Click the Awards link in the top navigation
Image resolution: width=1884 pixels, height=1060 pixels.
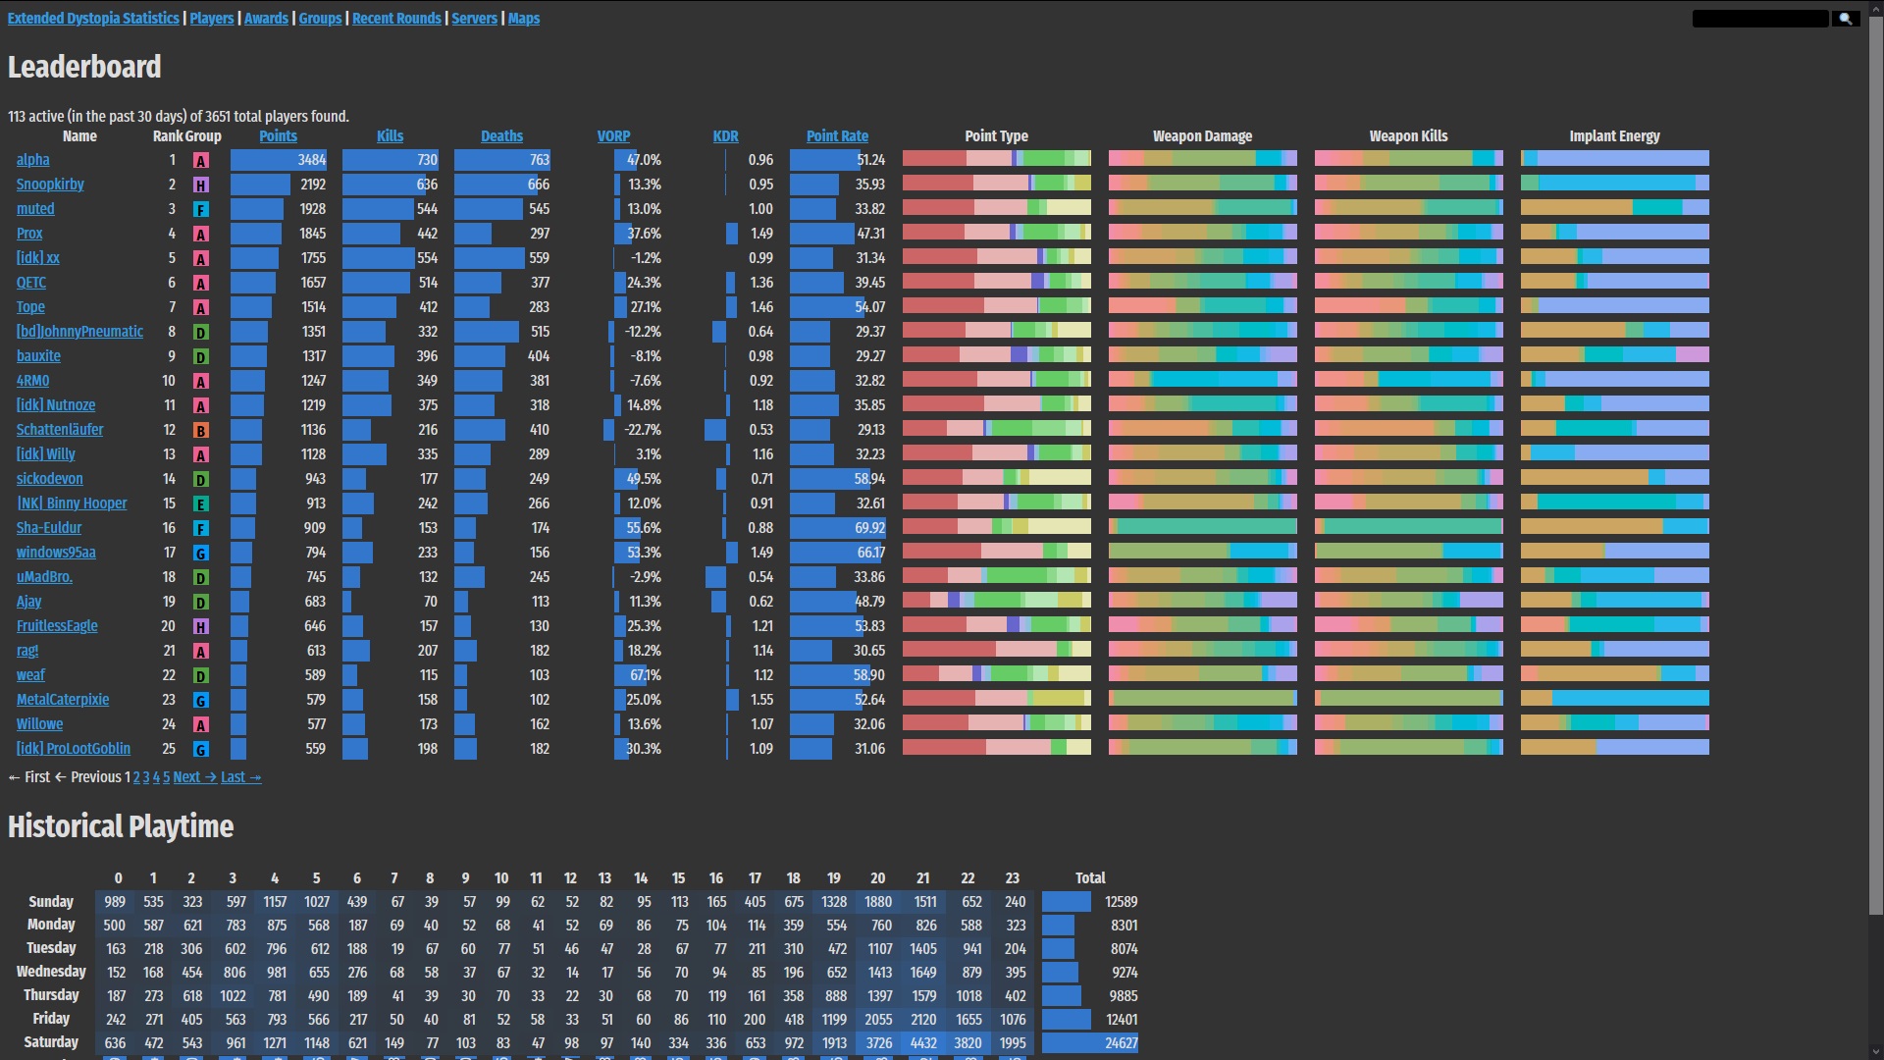pyautogui.click(x=266, y=19)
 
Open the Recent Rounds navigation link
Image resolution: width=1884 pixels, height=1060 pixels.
pyautogui.click(x=396, y=19)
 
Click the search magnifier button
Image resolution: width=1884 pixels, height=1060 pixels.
pyautogui.click(x=1845, y=19)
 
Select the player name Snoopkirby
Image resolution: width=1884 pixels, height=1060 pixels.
pyautogui.click(x=50, y=185)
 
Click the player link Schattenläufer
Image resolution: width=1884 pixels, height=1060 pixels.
pyautogui.click(x=60, y=430)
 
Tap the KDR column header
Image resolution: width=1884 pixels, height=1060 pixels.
pyautogui.click(x=725, y=136)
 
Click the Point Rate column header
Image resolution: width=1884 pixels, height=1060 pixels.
pyautogui.click(x=837, y=136)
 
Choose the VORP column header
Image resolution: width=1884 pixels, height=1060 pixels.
pyautogui.click(x=613, y=136)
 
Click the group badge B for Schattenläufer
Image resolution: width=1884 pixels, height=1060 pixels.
pyautogui.click(x=201, y=431)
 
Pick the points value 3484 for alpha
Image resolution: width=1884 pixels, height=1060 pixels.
pyautogui.click(x=312, y=160)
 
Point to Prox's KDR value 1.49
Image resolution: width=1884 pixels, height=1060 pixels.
pyautogui.click(x=761, y=234)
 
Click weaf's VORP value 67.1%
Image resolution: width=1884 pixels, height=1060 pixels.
pyautogui.click(x=645, y=675)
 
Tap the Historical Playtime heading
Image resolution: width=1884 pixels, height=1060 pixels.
pyautogui.click(x=121, y=826)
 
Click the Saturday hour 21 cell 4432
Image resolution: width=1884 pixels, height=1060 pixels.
pyautogui.click(x=923, y=1043)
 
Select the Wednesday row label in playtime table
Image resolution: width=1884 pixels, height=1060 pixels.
pyautogui.click(x=51, y=972)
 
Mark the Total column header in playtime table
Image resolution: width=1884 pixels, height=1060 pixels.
pyautogui.click(x=1090, y=878)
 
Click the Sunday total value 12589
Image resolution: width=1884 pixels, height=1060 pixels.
pyautogui.click(x=1121, y=902)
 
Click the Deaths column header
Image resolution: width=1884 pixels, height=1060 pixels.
pyautogui.click(x=501, y=136)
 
